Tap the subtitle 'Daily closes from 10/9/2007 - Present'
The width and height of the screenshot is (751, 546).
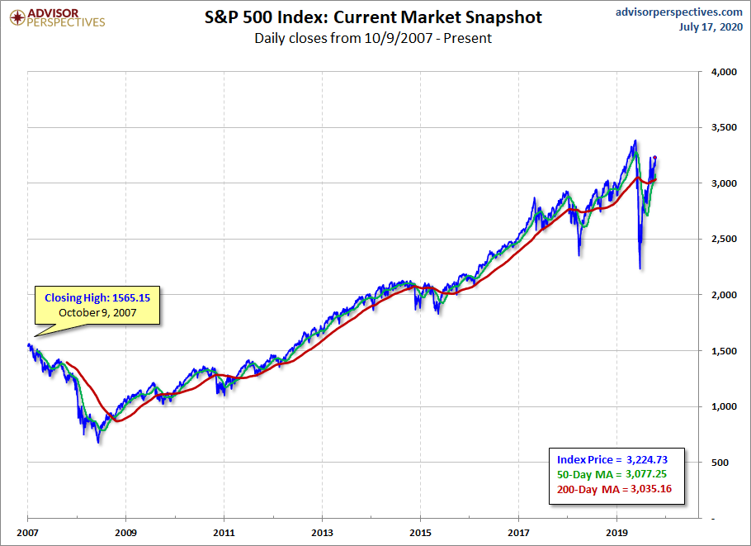pyautogui.click(x=373, y=38)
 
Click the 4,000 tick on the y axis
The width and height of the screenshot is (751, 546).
pyautogui.click(x=720, y=72)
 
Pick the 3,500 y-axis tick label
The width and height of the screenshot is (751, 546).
pyautogui.click(x=720, y=128)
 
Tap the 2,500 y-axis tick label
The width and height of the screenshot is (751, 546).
pyautogui.click(x=720, y=240)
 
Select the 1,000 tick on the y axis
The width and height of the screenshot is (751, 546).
pyautogui.click(x=720, y=406)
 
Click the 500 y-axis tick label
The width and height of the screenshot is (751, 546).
pyautogui.click(x=726, y=463)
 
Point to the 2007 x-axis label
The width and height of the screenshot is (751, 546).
pyautogui.click(x=27, y=532)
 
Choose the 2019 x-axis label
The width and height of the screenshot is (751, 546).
pyautogui.click(x=617, y=532)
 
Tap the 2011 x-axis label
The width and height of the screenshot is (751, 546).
pyautogui.click(x=224, y=532)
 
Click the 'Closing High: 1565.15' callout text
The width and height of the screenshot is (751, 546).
pyautogui.click(x=98, y=297)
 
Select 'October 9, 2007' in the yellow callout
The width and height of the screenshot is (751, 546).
pyautogui.click(x=98, y=313)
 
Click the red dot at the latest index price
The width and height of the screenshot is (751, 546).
pyautogui.click(x=654, y=158)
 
